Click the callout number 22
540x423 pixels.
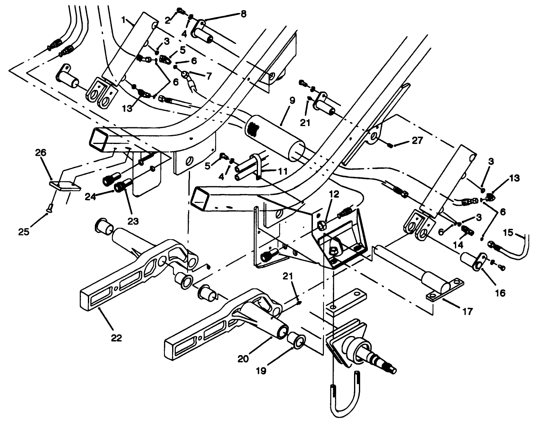[116, 338]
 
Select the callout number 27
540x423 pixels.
[418, 140]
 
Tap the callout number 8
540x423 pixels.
[243, 13]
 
